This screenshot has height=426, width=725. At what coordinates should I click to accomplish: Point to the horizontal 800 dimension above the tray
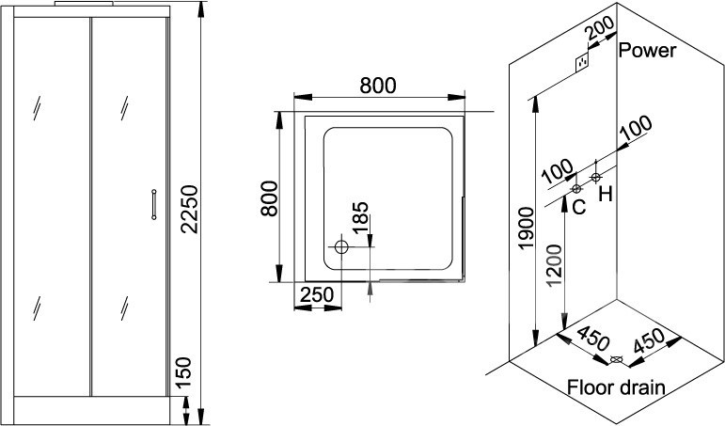pos(376,84)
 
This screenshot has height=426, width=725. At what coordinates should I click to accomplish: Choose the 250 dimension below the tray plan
pos(318,295)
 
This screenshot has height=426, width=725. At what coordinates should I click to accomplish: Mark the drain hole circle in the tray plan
pos(341,248)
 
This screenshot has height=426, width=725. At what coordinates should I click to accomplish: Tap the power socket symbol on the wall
pos(584,63)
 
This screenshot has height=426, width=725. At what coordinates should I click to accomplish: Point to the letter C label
pos(578,205)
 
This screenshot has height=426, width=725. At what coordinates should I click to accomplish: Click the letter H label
pos(606,194)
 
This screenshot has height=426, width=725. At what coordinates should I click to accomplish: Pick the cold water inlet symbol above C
pos(576,189)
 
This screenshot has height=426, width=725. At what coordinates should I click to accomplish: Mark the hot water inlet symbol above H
pos(596,177)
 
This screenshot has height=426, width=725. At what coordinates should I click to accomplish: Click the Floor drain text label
pos(616,387)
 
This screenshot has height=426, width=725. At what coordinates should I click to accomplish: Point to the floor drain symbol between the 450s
pos(616,359)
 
